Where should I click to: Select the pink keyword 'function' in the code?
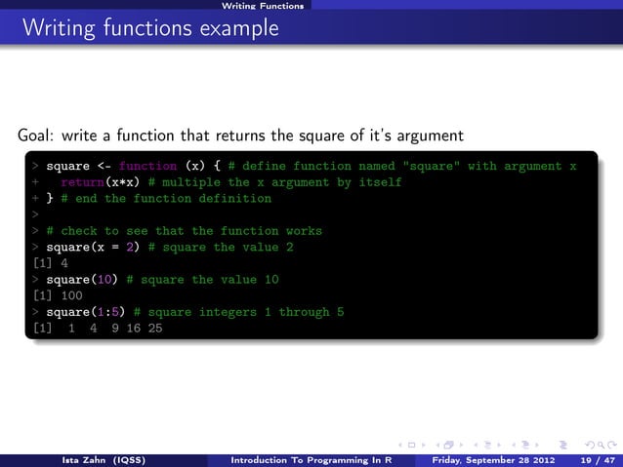coord(148,167)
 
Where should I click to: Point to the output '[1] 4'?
coord(50,263)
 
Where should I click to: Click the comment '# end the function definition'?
coord(166,199)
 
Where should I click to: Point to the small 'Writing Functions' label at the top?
coord(262,6)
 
